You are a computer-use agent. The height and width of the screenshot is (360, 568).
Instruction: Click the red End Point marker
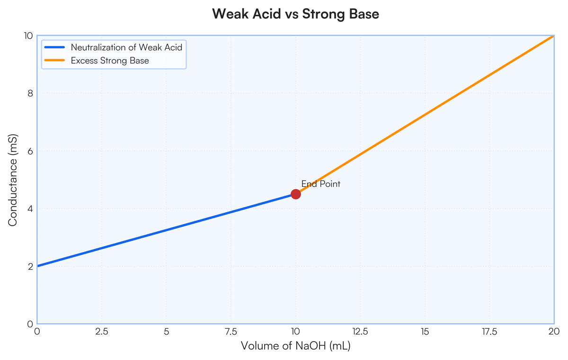[296, 194]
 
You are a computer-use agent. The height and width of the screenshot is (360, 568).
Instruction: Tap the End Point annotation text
[321, 184]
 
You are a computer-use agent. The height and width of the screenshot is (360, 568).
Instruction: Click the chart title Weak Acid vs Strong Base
[296, 14]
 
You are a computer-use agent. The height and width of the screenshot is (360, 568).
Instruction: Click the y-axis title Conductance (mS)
[12, 180]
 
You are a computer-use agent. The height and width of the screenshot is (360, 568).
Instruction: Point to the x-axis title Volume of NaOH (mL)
[296, 346]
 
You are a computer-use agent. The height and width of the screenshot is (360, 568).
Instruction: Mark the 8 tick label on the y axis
[30, 94]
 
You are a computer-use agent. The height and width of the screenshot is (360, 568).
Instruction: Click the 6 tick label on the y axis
[30, 151]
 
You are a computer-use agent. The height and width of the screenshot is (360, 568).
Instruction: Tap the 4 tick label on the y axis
[30, 209]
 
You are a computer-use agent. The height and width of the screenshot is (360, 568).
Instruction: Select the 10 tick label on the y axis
[28, 36]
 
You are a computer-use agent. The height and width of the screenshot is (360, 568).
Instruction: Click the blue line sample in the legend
[54, 47]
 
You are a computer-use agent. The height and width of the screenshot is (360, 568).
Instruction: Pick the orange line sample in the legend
[54, 60]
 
